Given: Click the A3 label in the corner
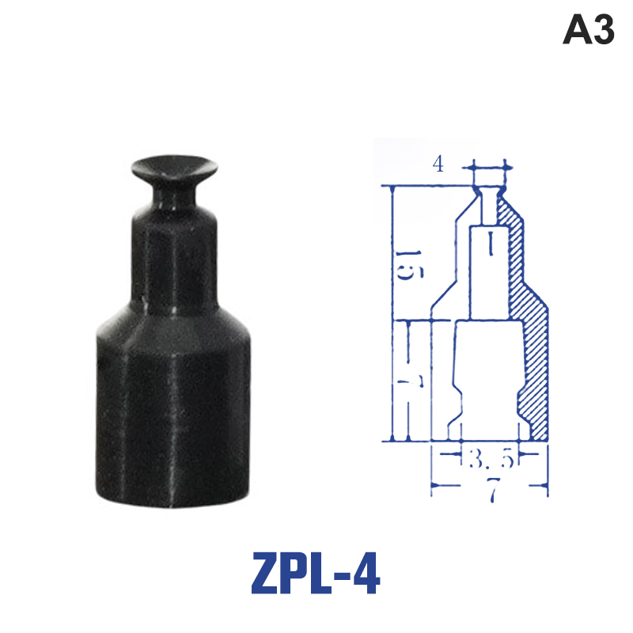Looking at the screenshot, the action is (x=588, y=29).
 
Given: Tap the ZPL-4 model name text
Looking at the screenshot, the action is (x=316, y=573).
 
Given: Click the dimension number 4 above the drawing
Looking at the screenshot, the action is (x=438, y=165).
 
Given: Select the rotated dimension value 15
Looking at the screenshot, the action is (x=409, y=265).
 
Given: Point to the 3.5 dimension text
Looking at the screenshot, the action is (x=491, y=459).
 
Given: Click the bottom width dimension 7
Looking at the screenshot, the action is (x=493, y=489).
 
